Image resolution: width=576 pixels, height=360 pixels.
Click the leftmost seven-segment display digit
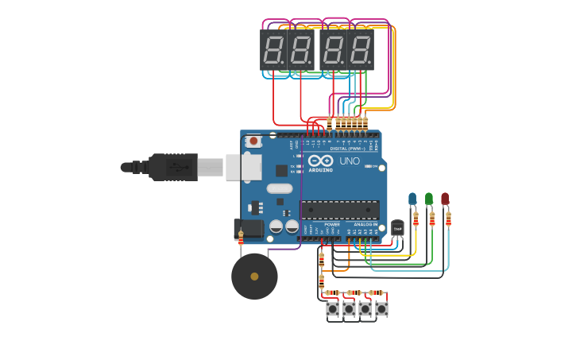point(273,51)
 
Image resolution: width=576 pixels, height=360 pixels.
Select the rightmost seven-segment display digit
point(361,51)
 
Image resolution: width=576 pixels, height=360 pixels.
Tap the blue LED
point(412,199)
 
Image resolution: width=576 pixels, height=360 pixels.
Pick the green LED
point(429,199)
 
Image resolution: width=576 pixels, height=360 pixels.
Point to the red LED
point(445,199)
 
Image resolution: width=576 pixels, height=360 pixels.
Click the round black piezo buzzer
point(254,276)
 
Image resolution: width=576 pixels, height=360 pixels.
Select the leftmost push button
point(332,308)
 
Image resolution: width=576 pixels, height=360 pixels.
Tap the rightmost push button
point(381,308)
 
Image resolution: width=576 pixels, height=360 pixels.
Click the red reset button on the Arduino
point(253,141)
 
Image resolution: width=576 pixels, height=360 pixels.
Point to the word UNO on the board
point(350,161)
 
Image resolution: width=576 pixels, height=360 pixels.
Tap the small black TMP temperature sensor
point(397,228)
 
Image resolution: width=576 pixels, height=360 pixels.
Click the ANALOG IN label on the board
point(365,225)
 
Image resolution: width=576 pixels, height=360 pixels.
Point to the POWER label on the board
point(332,225)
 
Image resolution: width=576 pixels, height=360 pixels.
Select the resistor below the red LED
point(448,218)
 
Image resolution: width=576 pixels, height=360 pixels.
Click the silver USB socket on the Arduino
point(244,167)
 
